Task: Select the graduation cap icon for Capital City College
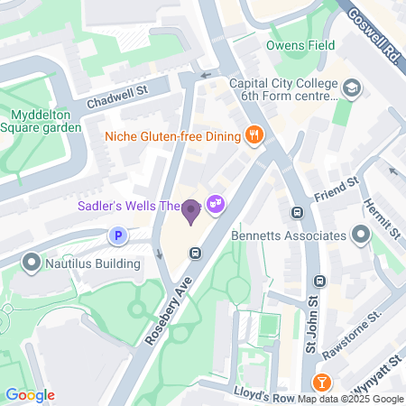point(351,88)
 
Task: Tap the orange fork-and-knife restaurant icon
point(255,135)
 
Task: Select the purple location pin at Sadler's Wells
point(190,212)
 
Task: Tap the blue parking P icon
point(116,236)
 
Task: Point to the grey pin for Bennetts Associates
point(361,235)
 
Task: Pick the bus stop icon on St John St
point(296,213)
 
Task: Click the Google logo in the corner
point(30,395)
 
